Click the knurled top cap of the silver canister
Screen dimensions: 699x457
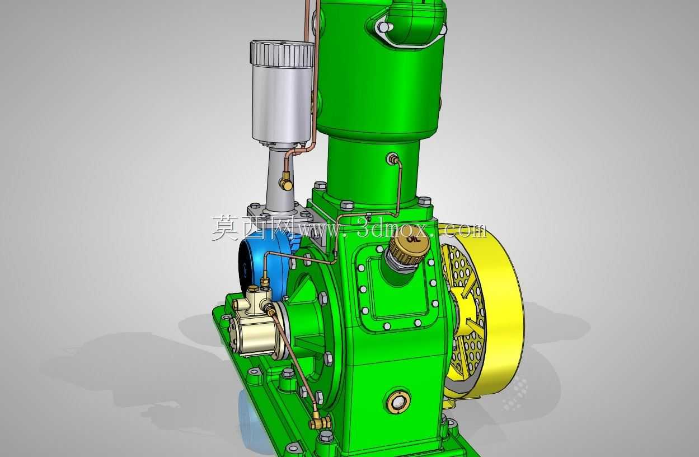tap(282, 53)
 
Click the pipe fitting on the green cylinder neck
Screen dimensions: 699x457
tap(392, 158)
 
